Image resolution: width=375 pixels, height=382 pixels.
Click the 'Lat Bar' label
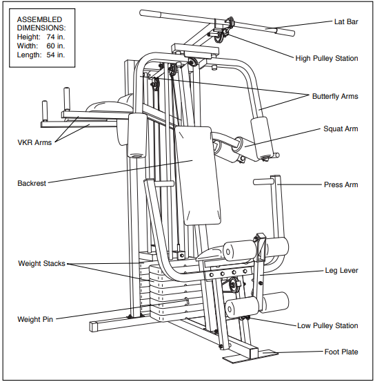tap(342, 22)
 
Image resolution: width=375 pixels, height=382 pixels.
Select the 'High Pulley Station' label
tap(326, 59)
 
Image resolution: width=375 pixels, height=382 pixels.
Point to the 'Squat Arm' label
tap(341, 129)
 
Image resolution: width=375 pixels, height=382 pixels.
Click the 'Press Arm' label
tap(341, 185)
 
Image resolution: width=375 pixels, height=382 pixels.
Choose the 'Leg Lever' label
tap(341, 270)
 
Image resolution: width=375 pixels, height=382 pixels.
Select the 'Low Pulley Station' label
tap(327, 325)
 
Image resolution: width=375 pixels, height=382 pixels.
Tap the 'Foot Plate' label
tap(341, 352)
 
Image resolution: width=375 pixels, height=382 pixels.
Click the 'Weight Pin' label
tap(35, 319)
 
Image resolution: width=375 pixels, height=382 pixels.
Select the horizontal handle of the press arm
tap(263, 182)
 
